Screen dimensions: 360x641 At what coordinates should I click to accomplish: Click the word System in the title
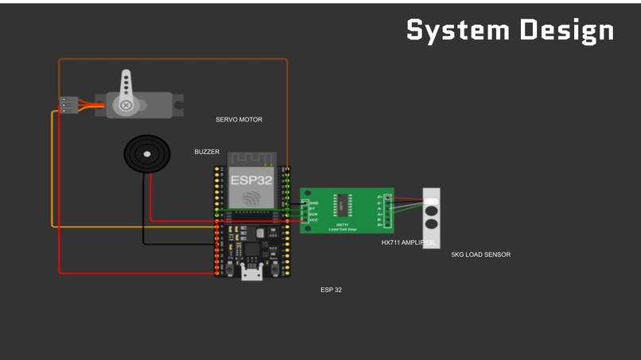pos(457,30)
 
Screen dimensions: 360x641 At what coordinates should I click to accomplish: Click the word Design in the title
pos(567,30)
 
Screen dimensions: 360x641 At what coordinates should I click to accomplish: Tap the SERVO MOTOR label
pos(239,120)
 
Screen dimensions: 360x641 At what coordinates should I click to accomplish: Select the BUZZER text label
pos(207,152)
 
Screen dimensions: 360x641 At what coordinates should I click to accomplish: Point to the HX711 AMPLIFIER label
pos(407,242)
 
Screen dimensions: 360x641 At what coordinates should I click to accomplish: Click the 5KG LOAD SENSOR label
pos(480,255)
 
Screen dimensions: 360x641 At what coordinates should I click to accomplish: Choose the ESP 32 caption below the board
pos(331,290)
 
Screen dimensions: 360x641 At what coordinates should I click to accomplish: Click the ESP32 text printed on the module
pos(252,180)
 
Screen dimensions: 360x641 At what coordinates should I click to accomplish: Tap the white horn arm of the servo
pos(125,87)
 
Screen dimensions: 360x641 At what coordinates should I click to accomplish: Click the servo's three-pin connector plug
pos(66,104)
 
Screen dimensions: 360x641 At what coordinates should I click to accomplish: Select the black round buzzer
pos(146,153)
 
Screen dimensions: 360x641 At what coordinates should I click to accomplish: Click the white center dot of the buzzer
pos(146,153)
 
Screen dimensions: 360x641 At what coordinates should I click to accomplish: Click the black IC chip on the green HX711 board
pos(340,206)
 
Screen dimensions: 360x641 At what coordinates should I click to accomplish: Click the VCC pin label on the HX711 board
pos(313,219)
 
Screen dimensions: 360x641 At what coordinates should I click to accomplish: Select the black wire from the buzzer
pos(144,215)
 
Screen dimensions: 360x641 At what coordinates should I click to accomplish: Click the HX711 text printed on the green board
pos(343,224)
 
